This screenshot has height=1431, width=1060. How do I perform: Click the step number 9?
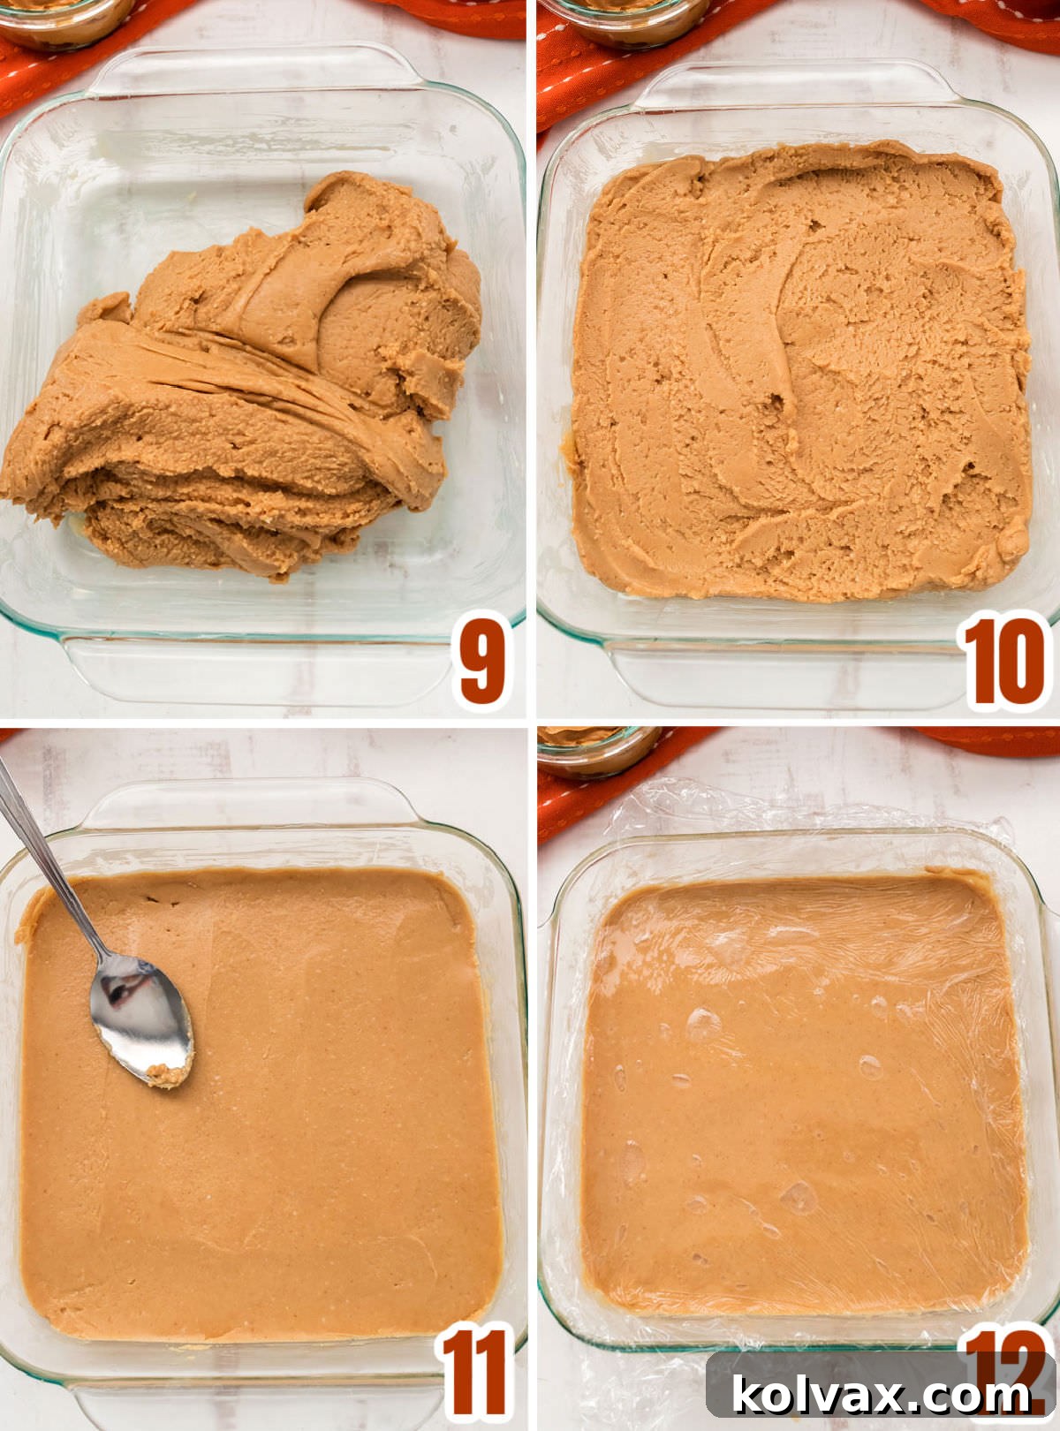click(482, 661)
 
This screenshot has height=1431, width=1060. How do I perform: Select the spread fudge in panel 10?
click(795, 371)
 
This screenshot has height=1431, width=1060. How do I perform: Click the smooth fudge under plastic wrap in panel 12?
click(795, 1104)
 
